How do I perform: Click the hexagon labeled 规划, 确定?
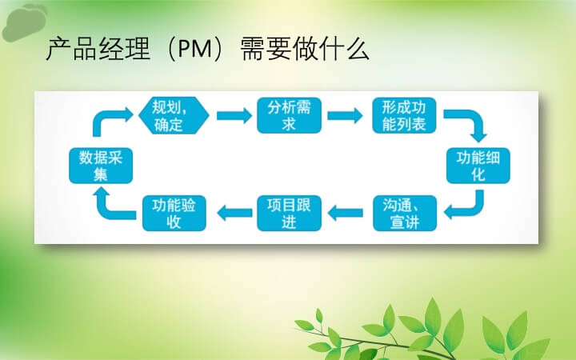[x=174, y=115]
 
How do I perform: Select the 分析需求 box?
[x=289, y=115]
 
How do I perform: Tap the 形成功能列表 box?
[x=404, y=115]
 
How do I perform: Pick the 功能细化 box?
[x=478, y=166]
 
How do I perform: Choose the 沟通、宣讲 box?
[x=405, y=214]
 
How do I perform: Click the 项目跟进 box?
[x=289, y=214]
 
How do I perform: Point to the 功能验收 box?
[x=174, y=214]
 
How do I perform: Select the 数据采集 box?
[x=101, y=166]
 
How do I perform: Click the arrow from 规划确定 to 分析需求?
[x=234, y=115]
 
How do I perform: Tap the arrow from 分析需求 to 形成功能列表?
[x=345, y=115]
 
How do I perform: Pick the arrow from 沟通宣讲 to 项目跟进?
[x=346, y=213]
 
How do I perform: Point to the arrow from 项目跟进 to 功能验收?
[x=234, y=213]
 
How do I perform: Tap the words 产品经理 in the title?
[x=98, y=49]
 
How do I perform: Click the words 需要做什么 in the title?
[x=305, y=49]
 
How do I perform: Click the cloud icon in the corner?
[x=23, y=22]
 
